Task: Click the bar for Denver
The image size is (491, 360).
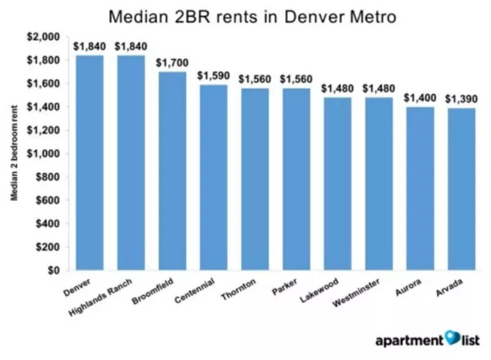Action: (90, 163)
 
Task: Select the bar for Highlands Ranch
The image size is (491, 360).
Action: (131, 163)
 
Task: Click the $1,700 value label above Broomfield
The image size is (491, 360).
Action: (172, 63)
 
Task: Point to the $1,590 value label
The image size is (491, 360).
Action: (213, 76)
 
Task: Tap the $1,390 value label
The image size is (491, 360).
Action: (462, 99)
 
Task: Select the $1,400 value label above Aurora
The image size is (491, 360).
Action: (420, 98)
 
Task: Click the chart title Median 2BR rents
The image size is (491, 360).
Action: (252, 17)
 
